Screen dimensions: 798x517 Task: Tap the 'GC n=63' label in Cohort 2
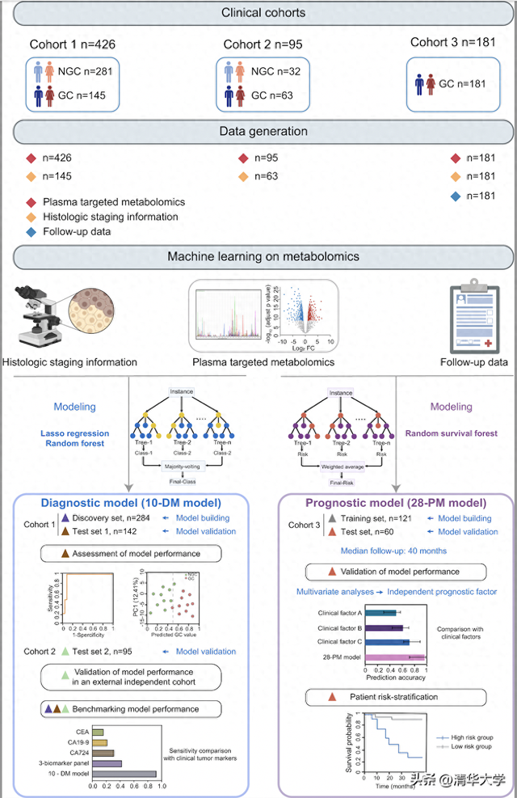(x=271, y=95)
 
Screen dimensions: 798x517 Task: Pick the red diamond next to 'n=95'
(x=243, y=158)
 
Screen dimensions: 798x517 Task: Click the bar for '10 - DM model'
(x=124, y=774)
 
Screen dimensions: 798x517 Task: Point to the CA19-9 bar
(x=100, y=742)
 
